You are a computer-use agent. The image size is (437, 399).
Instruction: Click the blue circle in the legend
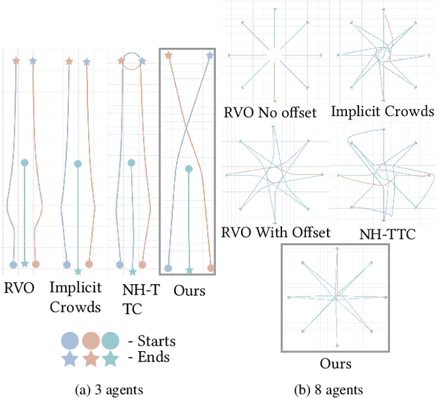[70, 340]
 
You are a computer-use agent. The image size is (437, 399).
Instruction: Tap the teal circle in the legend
[111, 340]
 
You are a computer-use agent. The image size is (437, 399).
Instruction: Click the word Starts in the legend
[156, 341]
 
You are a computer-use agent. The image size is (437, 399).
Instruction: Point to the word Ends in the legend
[153, 357]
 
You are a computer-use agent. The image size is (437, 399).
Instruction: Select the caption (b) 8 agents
[328, 389]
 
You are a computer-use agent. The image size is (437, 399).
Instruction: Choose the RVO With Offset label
[276, 232]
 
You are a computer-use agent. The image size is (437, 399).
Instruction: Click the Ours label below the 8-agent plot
[335, 363]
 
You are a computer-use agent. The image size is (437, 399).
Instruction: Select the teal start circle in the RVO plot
[25, 163]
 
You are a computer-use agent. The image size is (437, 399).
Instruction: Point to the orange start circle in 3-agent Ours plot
[211, 269]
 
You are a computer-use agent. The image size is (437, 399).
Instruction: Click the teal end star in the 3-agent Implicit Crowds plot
[78, 271]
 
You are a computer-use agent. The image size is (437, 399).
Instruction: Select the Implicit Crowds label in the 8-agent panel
[382, 111]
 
